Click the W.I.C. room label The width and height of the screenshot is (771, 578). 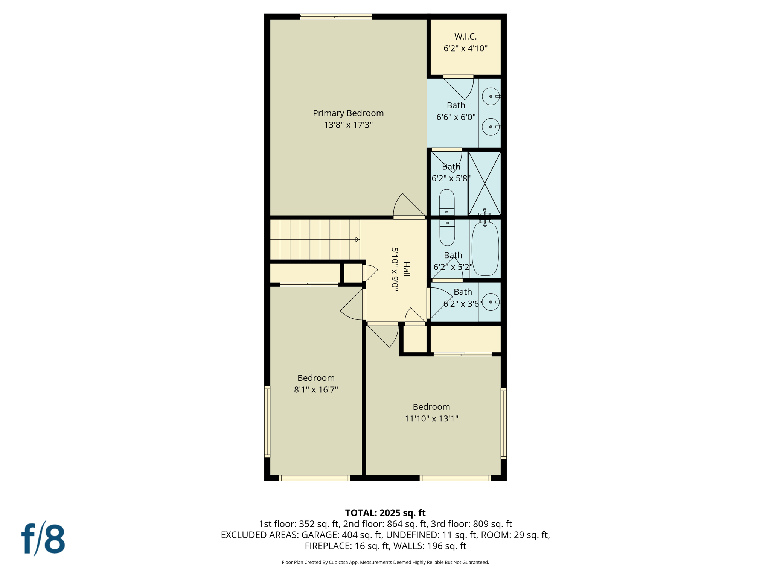(465, 37)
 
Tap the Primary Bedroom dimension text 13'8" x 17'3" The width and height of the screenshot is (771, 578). (348, 125)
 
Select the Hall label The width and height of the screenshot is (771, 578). (406, 269)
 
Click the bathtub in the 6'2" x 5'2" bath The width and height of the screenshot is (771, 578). (485, 249)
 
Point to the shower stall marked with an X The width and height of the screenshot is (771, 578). (485, 183)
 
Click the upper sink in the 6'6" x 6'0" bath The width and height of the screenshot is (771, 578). (491, 96)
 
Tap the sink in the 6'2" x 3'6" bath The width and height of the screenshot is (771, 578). (491, 302)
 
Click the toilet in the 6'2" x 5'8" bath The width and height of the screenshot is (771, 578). (447, 201)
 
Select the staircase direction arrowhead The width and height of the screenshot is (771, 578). (357, 240)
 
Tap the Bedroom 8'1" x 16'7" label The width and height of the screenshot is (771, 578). (316, 378)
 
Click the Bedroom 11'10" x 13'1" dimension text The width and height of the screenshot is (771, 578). (431, 418)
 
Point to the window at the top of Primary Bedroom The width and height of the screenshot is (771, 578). (336, 17)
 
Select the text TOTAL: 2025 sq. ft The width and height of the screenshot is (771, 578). (385, 513)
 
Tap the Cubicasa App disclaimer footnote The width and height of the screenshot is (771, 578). (385, 562)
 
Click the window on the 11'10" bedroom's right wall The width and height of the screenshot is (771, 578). (504, 424)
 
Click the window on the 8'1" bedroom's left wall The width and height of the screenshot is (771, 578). (267, 421)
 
